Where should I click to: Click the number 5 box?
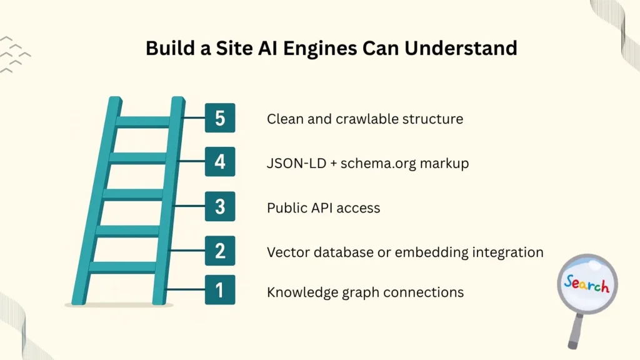tap(220, 117)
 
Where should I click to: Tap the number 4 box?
tap(220, 162)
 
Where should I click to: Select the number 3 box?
tap(220, 206)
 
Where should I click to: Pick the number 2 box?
tap(220, 251)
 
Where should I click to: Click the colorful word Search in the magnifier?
tap(586, 284)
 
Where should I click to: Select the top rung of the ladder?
tap(143, 121)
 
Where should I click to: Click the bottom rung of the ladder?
tap(122, 267)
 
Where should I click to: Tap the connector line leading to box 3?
tap(187, 206)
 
